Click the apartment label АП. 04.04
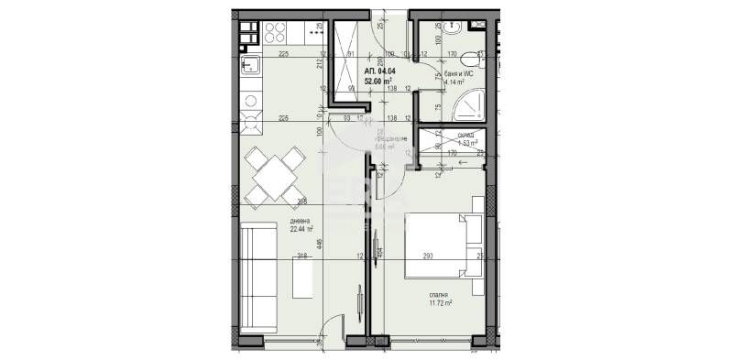(x=381, y=71)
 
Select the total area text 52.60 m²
(x=381, y=81)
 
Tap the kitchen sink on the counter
(x=250, y=65)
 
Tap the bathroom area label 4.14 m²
(x=455, y=82)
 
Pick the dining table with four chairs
(x=271, y=176)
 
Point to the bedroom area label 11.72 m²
(x=443, y=301)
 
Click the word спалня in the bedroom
(x=442, y=292)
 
